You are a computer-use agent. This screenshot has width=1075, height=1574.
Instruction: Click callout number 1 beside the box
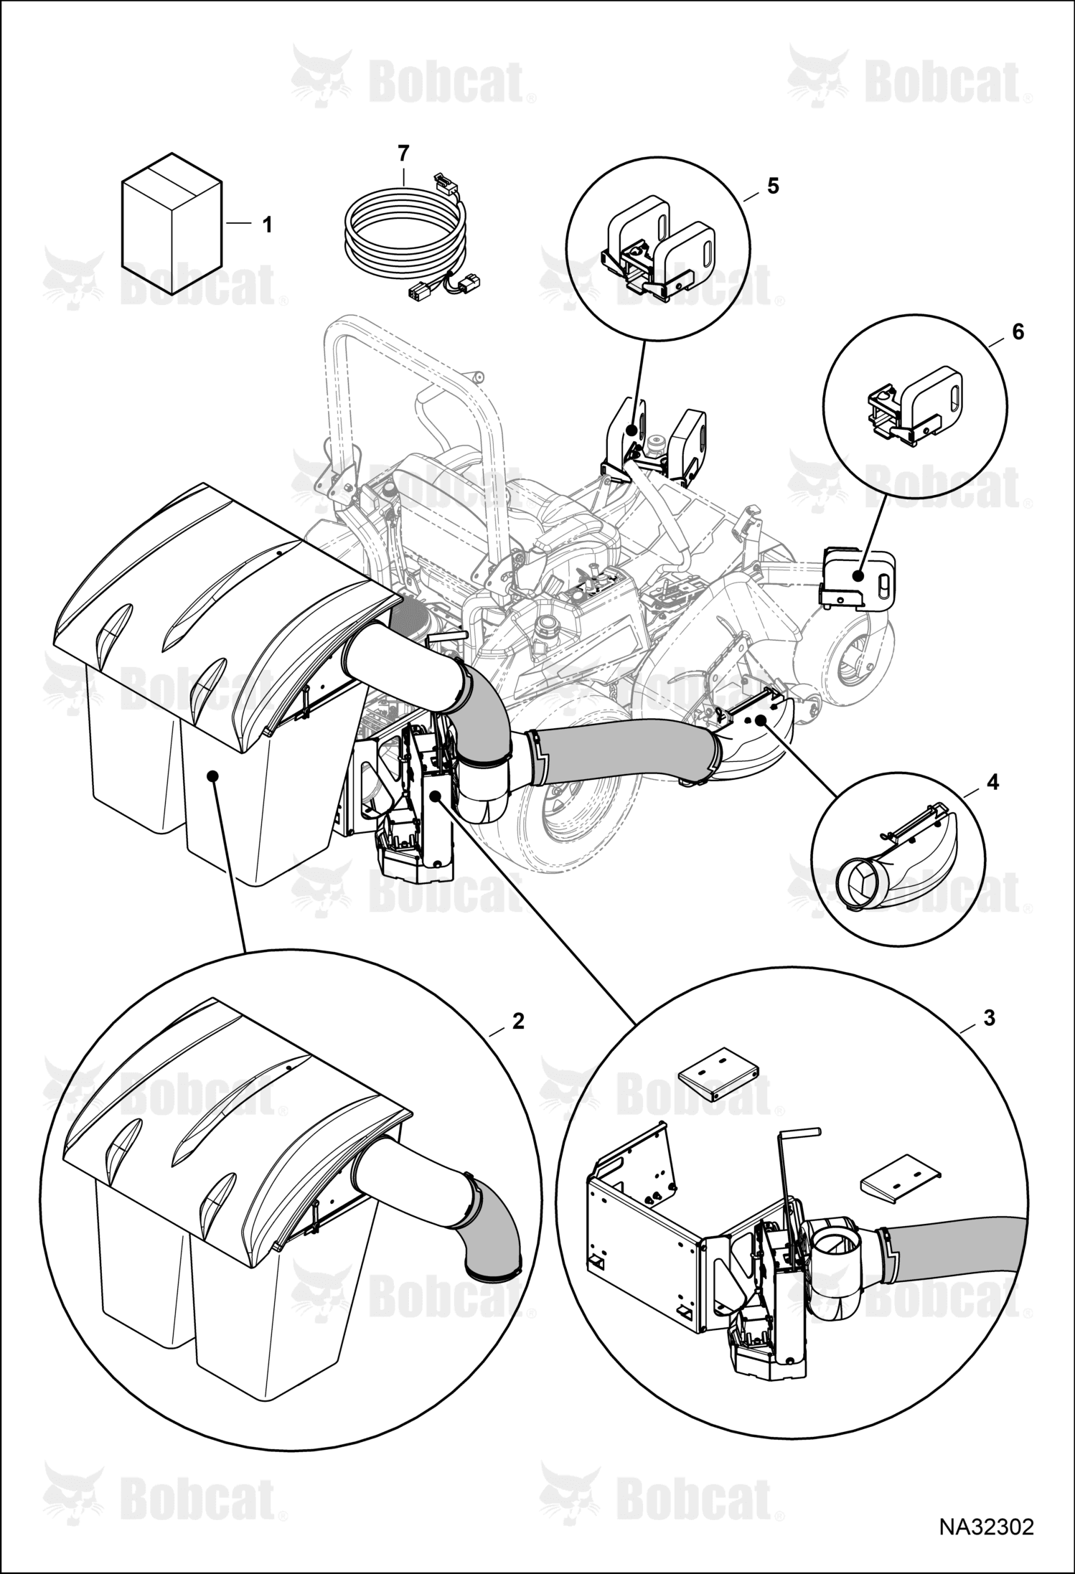[267, 225]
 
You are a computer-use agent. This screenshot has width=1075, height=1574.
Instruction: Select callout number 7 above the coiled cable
[403, 153]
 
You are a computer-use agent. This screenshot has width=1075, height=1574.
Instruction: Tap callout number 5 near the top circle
[773, 186]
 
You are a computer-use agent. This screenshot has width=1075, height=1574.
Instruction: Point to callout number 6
[1018, 332]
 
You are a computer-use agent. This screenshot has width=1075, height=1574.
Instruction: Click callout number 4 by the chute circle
[992, 781]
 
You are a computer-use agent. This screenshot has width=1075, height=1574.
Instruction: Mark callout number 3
[990, 1017]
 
